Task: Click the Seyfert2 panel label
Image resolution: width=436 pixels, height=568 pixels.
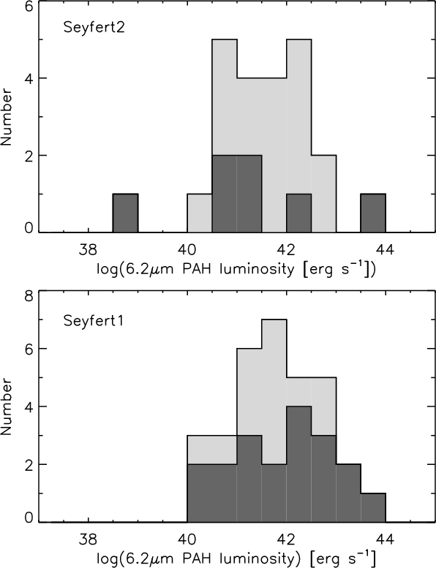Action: tap(94, 28)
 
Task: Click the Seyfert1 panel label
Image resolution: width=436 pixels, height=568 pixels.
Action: tap(94, 321)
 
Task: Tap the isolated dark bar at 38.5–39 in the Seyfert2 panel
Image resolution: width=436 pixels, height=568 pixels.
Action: tap(125, 213)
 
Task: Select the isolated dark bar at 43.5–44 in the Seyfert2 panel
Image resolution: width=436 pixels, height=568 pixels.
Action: tap(373, 213)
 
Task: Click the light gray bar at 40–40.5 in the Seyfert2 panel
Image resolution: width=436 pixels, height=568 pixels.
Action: tap(200, 213)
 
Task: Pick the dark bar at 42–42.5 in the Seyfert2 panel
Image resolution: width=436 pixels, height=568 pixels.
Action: tap(299, 213)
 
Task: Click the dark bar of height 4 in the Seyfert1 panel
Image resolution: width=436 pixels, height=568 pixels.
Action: tap(299, 464)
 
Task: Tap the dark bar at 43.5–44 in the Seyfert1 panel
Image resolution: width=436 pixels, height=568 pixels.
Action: tap(373, 507)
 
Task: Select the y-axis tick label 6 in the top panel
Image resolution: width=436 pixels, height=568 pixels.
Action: tap(29, 7)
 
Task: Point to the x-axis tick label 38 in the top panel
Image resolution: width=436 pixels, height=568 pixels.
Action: tap(88, 250)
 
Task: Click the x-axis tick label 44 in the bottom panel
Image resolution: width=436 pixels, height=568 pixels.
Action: tap(386, 539)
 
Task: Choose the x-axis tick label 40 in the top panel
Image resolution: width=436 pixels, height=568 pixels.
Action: tap(187, 250)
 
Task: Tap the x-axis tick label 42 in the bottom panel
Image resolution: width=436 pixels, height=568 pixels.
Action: tap(287, 539)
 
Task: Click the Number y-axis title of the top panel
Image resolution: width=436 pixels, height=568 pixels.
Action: tap(7, 118)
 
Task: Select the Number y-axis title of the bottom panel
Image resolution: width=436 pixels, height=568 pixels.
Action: tap(7, 407)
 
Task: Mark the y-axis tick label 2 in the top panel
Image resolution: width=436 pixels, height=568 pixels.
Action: tap(29, 156)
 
